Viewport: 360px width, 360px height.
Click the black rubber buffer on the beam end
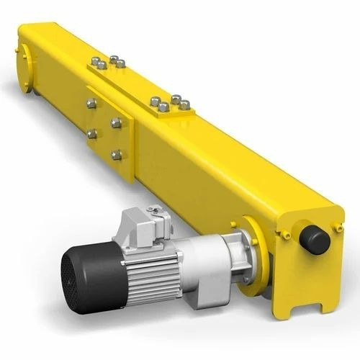click(x=315, y=238)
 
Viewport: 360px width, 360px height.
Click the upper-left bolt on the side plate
click(x=91, y=104)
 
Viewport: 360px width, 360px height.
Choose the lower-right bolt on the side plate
click(x=116, y=154)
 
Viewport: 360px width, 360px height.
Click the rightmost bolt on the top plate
click(x=185, y=104)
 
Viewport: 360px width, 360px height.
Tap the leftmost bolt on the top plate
click(x=94, y=63)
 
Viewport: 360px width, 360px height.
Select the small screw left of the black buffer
click(x=287, y=235)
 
